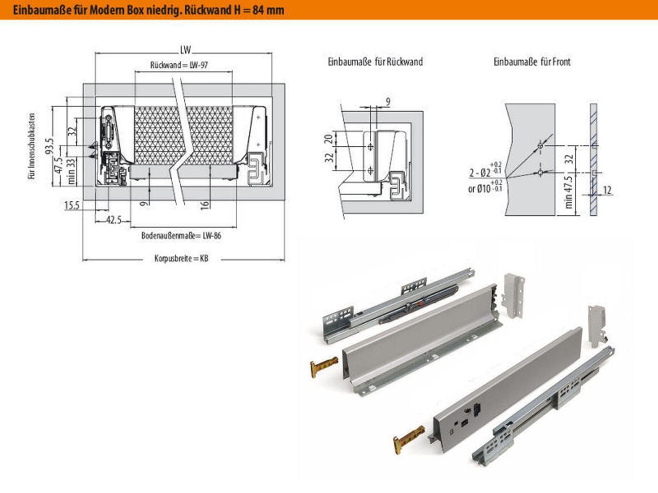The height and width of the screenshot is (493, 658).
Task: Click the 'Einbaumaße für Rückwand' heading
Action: click(x=375, y=62)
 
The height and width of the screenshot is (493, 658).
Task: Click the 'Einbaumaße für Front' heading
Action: click(x=532, y=62)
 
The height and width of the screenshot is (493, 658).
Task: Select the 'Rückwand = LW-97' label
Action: click(x=179, y=65)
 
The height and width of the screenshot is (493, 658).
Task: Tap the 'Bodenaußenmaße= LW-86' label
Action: click(x=181, y=236)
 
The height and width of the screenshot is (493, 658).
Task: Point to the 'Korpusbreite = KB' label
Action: click(x=181, y=259)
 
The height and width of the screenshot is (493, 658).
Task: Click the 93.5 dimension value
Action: click(x=50, y=146)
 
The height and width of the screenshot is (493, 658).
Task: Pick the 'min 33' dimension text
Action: click(x=72, y=171)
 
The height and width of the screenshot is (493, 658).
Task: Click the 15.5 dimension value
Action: click(x=72, y=205)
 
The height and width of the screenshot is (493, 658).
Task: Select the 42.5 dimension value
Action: click(x=114, y=220)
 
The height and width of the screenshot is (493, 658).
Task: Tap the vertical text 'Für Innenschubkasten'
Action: click(x=32, y=146)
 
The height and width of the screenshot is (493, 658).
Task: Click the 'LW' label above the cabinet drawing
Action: click(x=185, y=50)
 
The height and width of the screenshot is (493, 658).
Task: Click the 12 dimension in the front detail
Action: click(x=607, y=190)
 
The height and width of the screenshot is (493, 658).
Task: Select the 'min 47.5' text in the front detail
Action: click(x=569, y=192)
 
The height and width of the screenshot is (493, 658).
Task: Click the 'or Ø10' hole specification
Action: click(x=480, y=189)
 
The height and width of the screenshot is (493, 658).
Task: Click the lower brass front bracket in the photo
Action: click(x=408, y=439)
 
